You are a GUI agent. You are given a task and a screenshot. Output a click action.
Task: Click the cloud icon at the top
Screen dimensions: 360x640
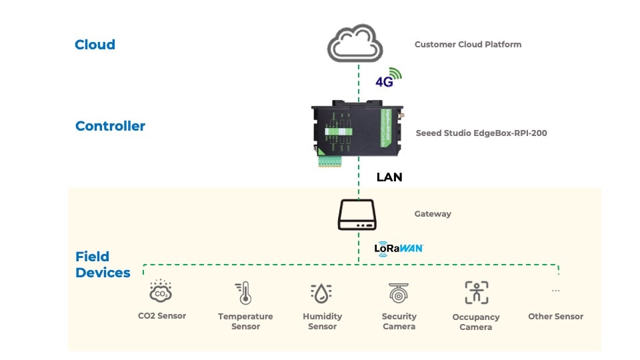pos(355,44)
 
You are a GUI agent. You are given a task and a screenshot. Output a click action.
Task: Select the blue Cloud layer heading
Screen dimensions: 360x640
pos(95,45)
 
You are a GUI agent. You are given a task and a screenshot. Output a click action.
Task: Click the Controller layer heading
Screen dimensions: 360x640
pos(110,126)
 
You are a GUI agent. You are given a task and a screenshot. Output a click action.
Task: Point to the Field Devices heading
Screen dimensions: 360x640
pos(103,265)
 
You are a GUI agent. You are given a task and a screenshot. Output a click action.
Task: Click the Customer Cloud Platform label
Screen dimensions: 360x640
pos(467,45)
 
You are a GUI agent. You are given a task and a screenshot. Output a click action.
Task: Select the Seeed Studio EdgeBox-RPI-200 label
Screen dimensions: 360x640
pos(481,133)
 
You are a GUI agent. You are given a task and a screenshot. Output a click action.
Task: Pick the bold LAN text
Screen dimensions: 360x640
pos(389,177)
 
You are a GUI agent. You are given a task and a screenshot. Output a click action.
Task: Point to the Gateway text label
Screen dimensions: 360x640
pos(433,214)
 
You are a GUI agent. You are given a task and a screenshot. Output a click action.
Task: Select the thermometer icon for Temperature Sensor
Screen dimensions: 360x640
pos(245,293)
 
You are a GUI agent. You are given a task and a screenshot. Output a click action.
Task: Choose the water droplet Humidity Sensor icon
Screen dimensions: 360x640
pos(322,293)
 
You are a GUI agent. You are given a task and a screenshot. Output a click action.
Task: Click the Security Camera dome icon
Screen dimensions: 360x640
pos(399,293)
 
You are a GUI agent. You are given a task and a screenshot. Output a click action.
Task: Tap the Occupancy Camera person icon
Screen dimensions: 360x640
pos(476,293)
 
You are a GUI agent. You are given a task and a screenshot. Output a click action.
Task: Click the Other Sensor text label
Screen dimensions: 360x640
pos(555,317)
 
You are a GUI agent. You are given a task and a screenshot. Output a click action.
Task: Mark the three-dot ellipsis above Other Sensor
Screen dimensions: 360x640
pos(555,291)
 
